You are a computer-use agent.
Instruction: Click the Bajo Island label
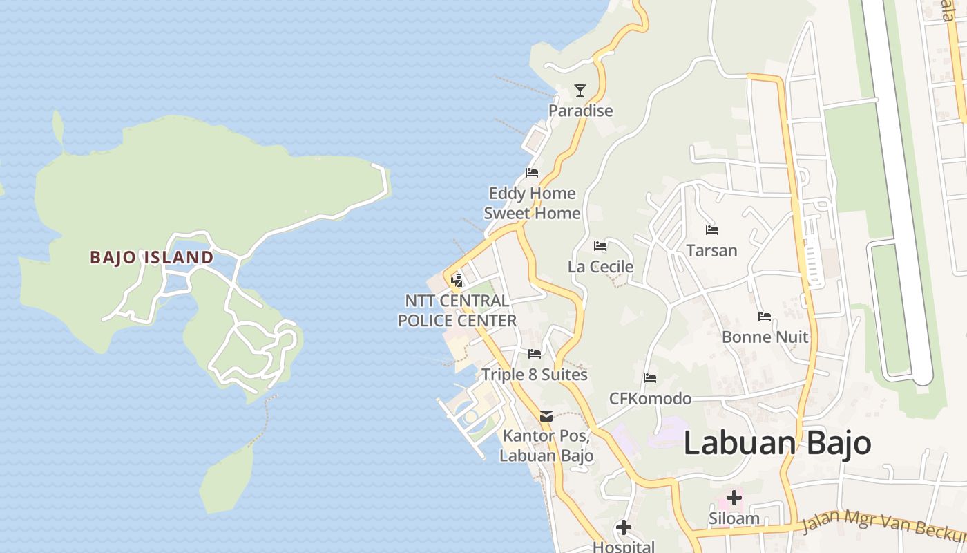coord(151,257)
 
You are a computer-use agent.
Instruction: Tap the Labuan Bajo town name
coord(777,443)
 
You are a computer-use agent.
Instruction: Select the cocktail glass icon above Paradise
coord(580,91)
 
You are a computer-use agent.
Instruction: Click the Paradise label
coord(580,111)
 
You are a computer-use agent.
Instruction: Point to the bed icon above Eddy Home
coord(531,172)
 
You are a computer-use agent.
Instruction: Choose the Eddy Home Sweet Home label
coord(531,203)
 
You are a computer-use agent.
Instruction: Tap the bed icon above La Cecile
coord(600,246)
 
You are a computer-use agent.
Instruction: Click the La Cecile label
coord(600,267)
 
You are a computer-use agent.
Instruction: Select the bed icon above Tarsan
coord(711,229)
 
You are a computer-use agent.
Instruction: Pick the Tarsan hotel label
coord(711,250)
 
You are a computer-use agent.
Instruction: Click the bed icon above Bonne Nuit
coord(764,317)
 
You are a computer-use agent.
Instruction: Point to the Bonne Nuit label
coord(765,337)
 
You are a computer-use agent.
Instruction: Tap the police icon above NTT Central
coord(456,281)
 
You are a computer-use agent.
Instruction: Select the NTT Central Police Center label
coord(457,311)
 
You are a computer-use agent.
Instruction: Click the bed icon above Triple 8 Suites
coord(534,354)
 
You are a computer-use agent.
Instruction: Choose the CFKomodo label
coord(650,399)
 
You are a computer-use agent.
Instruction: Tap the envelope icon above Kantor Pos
coord(546,416)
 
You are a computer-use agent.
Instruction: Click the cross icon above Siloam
coord(734,498)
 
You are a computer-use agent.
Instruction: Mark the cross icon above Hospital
coord(623,528)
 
